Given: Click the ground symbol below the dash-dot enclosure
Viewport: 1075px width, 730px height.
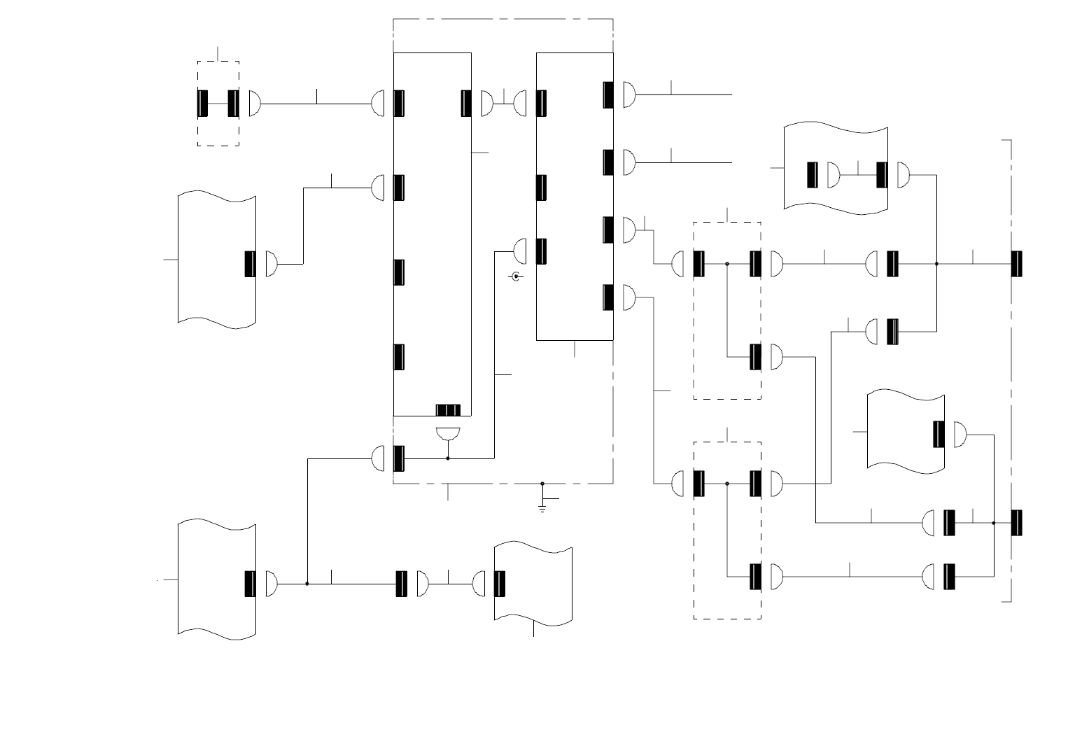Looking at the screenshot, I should [542, 506].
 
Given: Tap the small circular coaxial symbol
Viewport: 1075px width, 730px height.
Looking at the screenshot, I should [517, 276].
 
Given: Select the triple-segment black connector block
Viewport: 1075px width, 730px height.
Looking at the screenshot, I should [448, 410].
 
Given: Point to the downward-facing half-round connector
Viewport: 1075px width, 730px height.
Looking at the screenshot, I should [448, 433].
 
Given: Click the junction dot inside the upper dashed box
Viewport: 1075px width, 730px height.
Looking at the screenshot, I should [727, 264].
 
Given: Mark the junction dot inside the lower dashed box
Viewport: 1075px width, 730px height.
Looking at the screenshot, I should [727, 484].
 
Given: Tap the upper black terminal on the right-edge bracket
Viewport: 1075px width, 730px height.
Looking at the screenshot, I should [1017, 264].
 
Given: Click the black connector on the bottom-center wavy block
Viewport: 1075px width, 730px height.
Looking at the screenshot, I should [500, 584].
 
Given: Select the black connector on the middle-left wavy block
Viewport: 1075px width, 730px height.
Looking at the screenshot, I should [250, 264].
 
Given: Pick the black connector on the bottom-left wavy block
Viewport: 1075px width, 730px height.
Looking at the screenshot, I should [250, 584].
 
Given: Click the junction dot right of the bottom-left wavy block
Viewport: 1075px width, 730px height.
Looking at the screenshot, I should [307, 584].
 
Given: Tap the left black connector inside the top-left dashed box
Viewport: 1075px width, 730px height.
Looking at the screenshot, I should [203, 104].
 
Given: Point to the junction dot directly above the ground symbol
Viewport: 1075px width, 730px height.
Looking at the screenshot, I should [542, 483].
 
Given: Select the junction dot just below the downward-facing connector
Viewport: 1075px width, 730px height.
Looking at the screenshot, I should [448, 458].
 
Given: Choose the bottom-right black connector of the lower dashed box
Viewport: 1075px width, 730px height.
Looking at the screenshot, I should [756, 576].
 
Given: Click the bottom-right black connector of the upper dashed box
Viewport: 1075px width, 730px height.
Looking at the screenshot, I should [756, 357].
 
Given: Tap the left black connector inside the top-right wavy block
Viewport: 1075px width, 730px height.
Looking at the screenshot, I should [812, 175].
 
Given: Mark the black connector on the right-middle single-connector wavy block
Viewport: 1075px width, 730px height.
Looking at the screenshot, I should [939, 434].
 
